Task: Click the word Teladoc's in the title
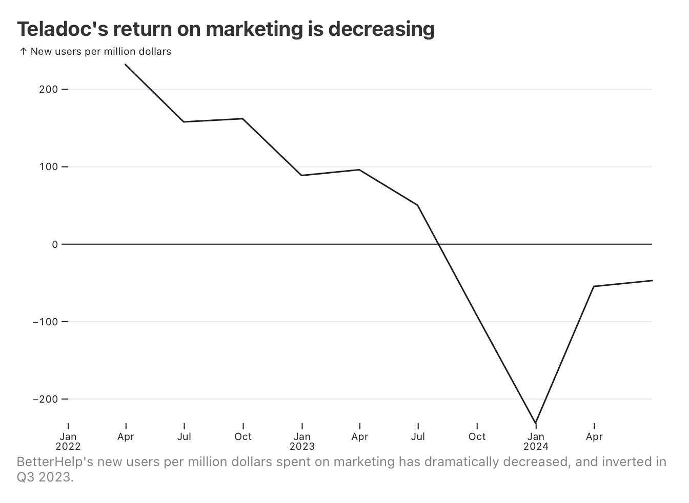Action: [x=62, y=29]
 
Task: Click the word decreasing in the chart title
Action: [x=381, y=29]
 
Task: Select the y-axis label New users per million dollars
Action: [x=100, y=52]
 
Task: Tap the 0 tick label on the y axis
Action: [x=55, y=244]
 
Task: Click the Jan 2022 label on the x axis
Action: [x=68, y=441]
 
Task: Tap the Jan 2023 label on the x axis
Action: [x=302, y=441]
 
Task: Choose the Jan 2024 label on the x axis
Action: [x=536, y=441]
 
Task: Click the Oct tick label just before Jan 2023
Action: [x=243, y=437]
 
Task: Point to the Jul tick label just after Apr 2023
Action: [x=418, y=437]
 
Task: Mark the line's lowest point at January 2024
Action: [x=536, y=423]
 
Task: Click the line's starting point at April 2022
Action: [x=126, y=65]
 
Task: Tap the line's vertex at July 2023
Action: [x=418, y=205]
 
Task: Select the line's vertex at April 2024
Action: [x=594, y=286]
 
